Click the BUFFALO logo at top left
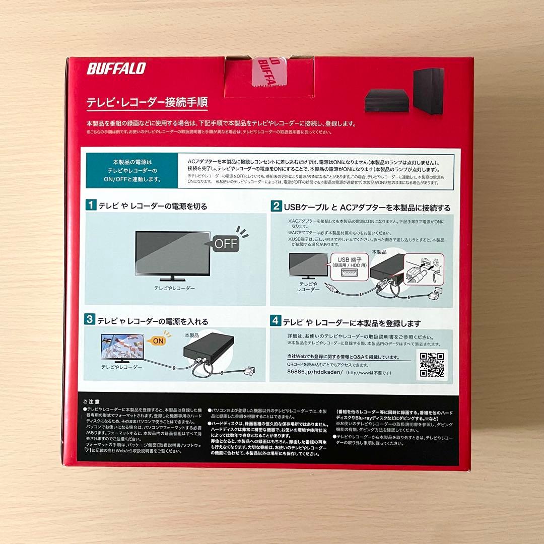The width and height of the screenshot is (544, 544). pyautogui.click(x=116, y=69)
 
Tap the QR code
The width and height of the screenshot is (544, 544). pyautogui.click(x=432, y=364)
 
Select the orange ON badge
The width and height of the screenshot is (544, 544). pyautogui.click(x=158, y=341)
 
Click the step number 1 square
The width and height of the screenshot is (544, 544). pyautogui.click(x=91, y=206)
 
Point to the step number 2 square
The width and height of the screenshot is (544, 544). pyautogui.click(x=276, y=206)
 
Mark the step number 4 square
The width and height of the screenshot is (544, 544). pyautogui.click(x=276, y=320)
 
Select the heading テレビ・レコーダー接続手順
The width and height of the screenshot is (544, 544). pyautogui.click(x=147, y=101)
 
